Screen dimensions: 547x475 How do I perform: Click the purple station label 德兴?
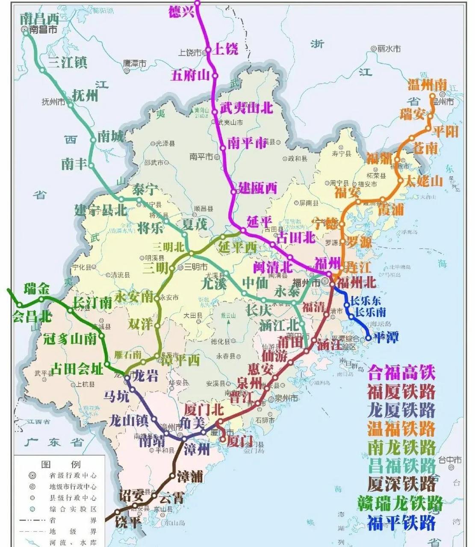182,12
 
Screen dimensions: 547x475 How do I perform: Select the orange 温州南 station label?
427,85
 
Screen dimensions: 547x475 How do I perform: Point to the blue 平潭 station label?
385,337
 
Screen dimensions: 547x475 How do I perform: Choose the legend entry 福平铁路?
401,523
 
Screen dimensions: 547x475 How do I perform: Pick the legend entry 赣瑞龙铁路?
401,503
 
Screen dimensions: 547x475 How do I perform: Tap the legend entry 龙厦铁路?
401,410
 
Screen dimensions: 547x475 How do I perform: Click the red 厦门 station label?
240,441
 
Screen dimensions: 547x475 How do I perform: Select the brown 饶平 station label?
128,522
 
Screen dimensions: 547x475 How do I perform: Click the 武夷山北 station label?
246,108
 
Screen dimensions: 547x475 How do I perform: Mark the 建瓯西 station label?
258,188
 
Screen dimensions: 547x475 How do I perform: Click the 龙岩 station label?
146,376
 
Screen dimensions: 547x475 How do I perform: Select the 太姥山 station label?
424,181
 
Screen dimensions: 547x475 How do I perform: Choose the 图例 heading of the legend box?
60,464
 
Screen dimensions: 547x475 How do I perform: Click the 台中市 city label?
449,460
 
